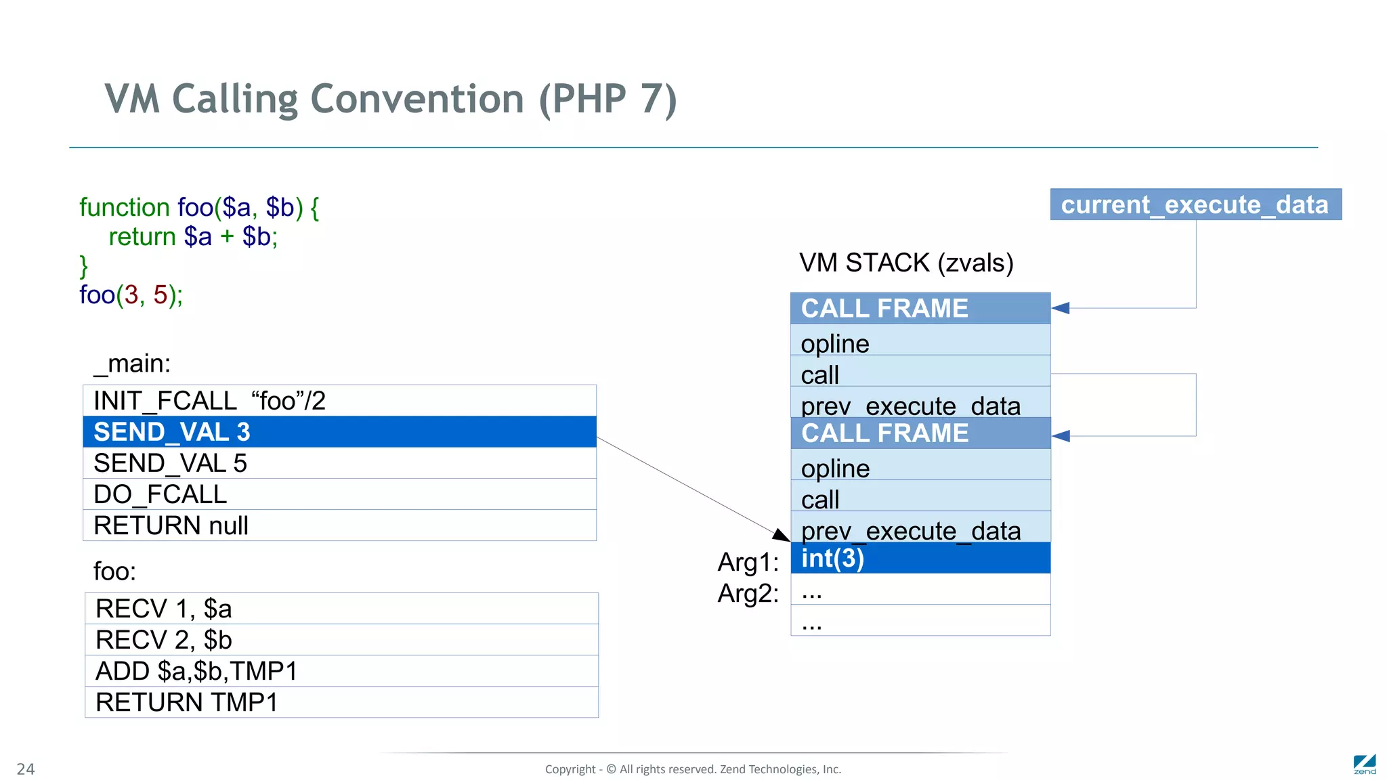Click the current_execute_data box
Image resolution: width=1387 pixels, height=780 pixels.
(1195, 204)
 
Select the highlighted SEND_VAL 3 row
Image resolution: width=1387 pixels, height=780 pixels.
(339, 432)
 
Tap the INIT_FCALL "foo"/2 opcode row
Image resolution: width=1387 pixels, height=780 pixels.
(339, 401)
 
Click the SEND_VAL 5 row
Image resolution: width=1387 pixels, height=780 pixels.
(339, 463)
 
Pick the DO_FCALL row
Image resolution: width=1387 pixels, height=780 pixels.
(339, 494)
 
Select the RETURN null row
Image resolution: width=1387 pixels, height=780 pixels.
(339, 525)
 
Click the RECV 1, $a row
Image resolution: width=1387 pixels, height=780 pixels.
(341, 609)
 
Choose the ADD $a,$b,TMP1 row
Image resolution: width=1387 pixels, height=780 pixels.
(341, 671)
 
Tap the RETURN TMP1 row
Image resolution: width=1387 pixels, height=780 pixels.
(341, 702)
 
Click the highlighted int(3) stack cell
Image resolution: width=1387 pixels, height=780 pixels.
(920, 558)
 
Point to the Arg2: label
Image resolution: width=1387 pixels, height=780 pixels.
(748, 594)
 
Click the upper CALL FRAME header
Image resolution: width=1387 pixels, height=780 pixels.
(920, 308)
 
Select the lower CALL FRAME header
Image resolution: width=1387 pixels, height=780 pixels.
(920, 433)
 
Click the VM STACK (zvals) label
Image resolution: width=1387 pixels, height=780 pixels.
(906, 263)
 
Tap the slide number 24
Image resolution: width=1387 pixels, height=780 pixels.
(26, 769)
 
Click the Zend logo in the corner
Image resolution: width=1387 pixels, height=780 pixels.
(1365, 764)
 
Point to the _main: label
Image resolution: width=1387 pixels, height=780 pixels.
(132, 364)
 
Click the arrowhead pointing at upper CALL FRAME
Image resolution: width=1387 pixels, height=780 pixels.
(1061, 308)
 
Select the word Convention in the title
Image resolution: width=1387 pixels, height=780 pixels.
(417, 99)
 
